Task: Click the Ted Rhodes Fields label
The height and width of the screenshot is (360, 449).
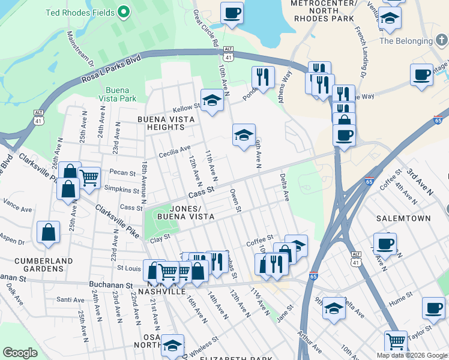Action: point(81,11)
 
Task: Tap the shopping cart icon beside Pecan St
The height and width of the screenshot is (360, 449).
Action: point(89,178)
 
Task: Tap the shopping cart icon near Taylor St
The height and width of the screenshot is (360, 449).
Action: point(395,342)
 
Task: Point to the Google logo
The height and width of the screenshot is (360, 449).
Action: point(20,353)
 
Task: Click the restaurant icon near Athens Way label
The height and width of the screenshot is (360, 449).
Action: point(263,77)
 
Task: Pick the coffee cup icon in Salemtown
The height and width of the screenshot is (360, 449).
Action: point(384,244)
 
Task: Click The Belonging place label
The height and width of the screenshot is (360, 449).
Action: point(406,41)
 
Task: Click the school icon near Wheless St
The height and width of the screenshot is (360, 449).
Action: point(172,346)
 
